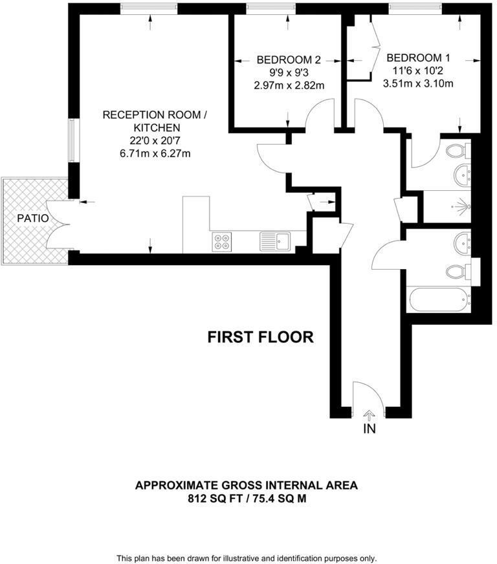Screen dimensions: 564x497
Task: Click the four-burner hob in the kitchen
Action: point(222,241)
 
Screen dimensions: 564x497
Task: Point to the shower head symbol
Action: point(461,208)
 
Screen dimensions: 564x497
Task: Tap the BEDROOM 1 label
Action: point(419,57)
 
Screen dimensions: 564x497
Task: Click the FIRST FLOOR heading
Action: point(260,337)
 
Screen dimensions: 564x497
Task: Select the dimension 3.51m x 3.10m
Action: point(419,83)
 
